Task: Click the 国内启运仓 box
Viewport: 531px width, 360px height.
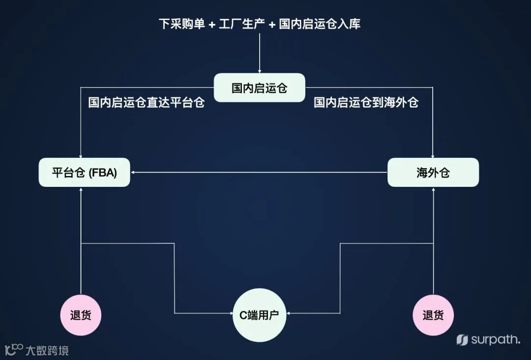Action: pos(259,88)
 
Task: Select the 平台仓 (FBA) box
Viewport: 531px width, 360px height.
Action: pos(84,173)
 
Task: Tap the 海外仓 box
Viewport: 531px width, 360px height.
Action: pos(433,173)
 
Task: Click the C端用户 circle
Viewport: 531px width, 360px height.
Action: pos(259,315)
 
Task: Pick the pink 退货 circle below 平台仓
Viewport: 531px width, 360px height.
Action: pos(81,315)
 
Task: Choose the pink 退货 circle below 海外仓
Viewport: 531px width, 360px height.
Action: pos(433,315)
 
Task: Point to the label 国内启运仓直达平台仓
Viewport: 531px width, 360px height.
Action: pos(146,103)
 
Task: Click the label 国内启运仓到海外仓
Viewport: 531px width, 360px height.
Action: pos(366,103)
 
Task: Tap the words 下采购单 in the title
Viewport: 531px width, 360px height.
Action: pos(181,24)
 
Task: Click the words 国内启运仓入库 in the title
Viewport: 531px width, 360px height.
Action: pos(320,24)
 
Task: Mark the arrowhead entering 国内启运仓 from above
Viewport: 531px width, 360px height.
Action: pos(259,70)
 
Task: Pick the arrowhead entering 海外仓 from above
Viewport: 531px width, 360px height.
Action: pos(433,155)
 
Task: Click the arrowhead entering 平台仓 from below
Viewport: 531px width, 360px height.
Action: pos(81,190)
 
